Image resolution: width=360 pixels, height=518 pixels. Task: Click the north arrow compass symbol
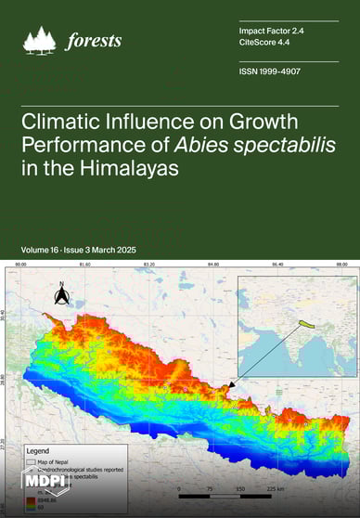point(61,294)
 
